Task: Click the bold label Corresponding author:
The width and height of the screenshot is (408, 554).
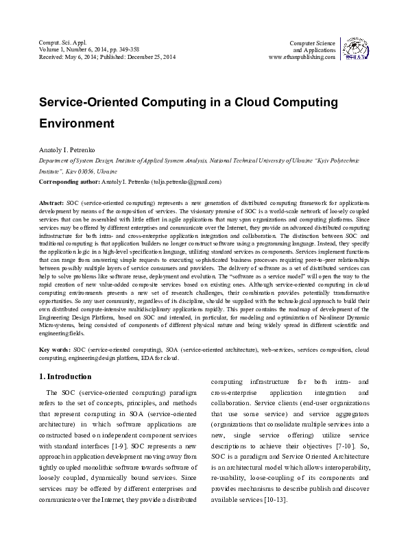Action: pyautogui.click(x=69, y=182)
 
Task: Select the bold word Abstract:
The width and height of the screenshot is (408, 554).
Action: pyautogui.click(x=52, y=204)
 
